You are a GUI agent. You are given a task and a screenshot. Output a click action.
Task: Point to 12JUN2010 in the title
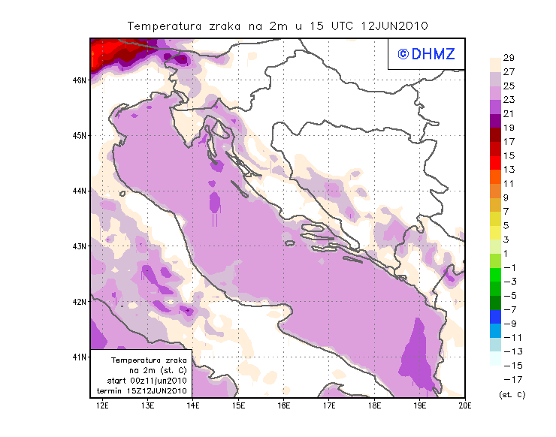tap(394, 26)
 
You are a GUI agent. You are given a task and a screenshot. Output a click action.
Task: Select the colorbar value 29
tap(508, 58)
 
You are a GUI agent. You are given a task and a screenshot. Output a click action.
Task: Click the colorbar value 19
tap(508, 128)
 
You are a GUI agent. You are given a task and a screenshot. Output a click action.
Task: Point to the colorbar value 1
tap(506, 254)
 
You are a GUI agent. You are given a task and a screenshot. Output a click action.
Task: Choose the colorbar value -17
tap(508, 379)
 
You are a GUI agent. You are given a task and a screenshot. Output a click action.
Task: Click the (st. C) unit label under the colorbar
tap(512, 394)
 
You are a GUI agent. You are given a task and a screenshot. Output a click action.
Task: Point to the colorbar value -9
tap(508, 324)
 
